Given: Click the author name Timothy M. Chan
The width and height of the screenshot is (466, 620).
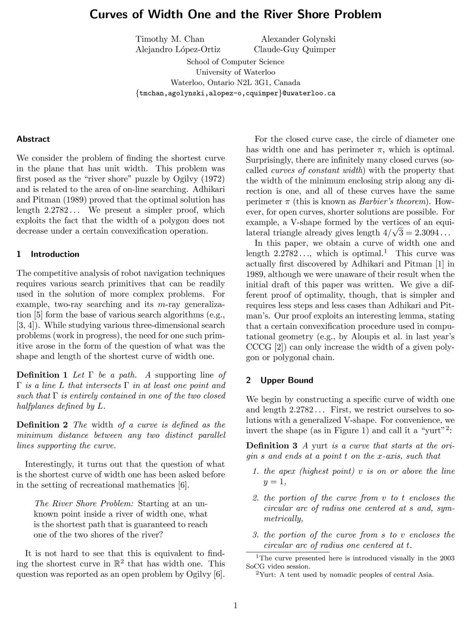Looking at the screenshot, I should [170, 39].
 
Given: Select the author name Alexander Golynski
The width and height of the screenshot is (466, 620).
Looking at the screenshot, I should [298, 39].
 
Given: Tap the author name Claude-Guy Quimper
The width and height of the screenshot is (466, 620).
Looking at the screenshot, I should [294, 50].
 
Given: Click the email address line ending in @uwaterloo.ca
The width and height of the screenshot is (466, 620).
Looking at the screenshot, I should [235, 94].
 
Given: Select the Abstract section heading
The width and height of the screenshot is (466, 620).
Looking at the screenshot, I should [33, 139].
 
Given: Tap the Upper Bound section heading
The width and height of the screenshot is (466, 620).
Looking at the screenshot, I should [287, 381].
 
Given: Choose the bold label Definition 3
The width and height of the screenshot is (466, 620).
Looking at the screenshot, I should [272, 445].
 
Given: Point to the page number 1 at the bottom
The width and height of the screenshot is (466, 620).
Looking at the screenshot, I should [235, 605].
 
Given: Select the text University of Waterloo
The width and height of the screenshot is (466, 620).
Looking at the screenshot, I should [235, 72].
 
